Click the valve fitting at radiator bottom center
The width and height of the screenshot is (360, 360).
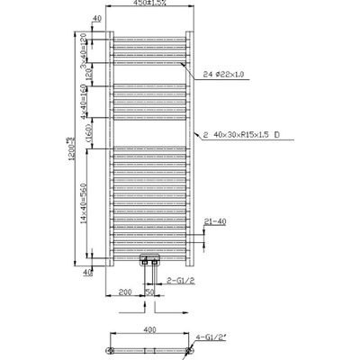149,262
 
